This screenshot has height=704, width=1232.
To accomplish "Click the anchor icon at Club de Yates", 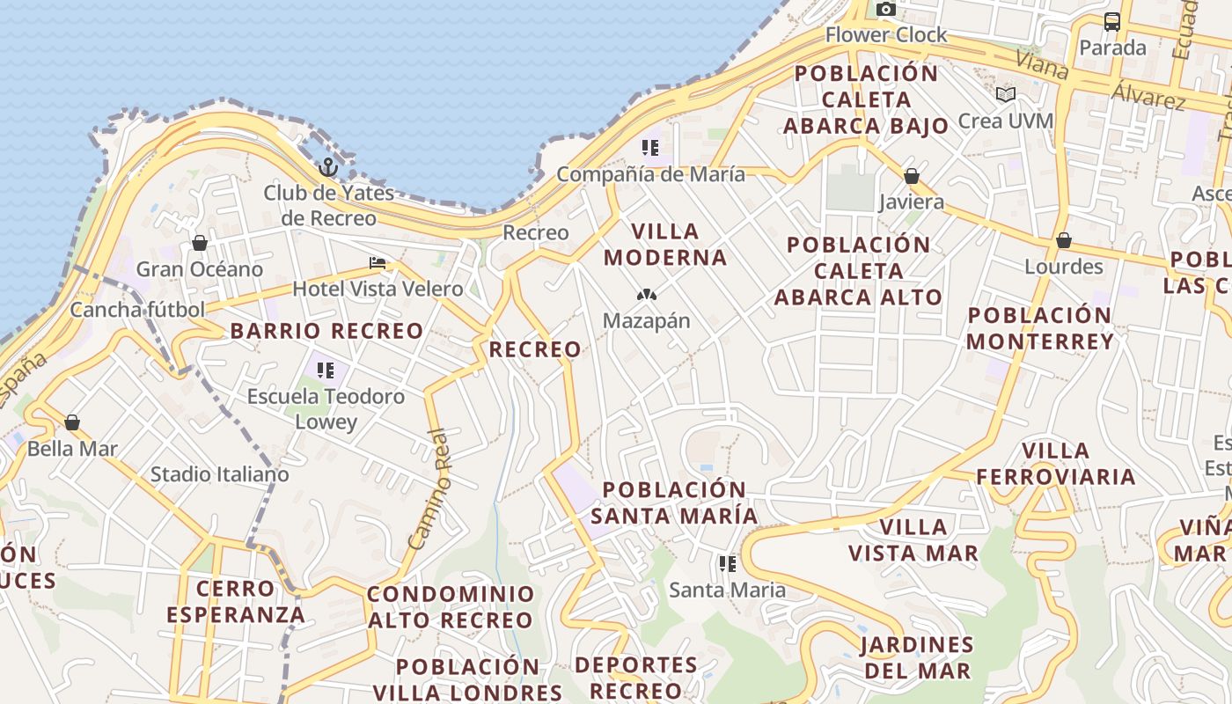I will pyautogui.click(x=328, y=166).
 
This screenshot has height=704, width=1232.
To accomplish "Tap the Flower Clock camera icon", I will pyautogui.click(x=886, y=10).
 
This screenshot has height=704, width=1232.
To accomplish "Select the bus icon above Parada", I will pyautogui.click(x=1112, y=22).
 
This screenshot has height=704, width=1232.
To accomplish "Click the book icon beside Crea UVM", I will pyautogui.click(x=1006, y=94).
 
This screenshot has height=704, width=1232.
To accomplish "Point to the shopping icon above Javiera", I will pyautogui.click(x=912, y=176).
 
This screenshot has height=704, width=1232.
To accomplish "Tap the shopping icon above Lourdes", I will pyautogui.click(x=1064, y=240).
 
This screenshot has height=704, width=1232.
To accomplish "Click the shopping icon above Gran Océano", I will pyautogui.click(x=200, y=243).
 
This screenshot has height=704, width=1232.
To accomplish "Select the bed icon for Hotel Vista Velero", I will pyautogui.click(x=378, y=263).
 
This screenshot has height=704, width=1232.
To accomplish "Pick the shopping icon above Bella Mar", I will pyautogui.click(x=72, y=422).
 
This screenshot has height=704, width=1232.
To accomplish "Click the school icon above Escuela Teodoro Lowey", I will pyautogui.click(x=326, y=370).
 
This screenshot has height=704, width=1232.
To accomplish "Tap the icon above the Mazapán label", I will pyautogui.click(x=647, y=295).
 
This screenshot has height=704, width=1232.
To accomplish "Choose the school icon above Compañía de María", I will pyautogui.click(x=650, y=148).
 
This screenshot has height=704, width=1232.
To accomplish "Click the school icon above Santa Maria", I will pyautogui.click(x=727, y=563).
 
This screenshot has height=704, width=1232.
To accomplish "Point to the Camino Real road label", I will pyautogui.click(x=430, y=488).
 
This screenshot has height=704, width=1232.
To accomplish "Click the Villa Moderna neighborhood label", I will pyautogui.click(x=678, y=245).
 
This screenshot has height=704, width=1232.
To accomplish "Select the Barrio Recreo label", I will pyautogui.click(x=326, y=332).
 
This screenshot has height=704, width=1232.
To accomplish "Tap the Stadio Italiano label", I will pyautogui.click(x=219, y=474).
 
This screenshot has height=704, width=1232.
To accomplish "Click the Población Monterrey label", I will pyautogui.click(x=1040, y=328).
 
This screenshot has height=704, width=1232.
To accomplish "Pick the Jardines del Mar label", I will pyautogui.click(x=917, y=657).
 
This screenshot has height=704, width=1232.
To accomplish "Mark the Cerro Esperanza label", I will pyautogui.click(x=236, y=601).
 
